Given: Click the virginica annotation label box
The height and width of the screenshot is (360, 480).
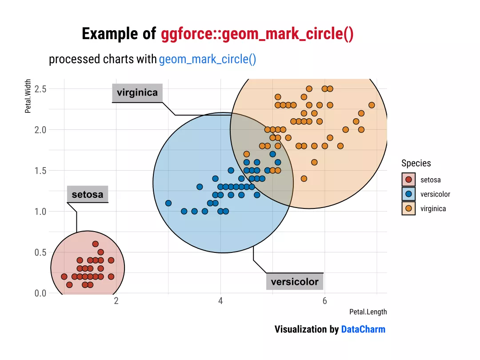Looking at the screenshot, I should point(137,92).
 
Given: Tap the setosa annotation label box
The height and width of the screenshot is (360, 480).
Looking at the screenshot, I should point(88,194).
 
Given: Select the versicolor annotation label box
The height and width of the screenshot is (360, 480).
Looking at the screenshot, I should point(295,282).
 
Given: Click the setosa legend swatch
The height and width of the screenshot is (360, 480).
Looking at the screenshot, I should point(408,180).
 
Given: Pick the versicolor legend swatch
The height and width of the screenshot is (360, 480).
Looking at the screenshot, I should point(408,194).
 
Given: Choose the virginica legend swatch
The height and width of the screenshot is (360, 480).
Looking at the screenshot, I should point(408,208).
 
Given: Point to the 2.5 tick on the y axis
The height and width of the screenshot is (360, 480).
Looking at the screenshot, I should point(40,89).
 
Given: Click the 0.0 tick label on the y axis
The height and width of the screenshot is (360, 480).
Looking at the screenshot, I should point(40,293).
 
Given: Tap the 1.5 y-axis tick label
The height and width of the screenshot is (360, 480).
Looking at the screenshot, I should point(40,171).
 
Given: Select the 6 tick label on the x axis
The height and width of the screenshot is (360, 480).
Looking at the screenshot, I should point(324,301).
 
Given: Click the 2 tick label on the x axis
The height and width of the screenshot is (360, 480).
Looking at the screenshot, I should point(116,301).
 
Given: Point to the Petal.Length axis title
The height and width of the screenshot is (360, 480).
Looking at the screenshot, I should point(368,312).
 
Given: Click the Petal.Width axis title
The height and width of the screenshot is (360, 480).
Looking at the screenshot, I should point(28,96).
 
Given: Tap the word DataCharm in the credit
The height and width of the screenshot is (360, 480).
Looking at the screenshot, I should point(363,329).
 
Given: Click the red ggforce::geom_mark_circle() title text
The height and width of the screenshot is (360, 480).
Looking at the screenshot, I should point(257,34).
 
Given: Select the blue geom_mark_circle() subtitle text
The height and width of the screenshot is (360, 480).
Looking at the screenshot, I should point(208,60).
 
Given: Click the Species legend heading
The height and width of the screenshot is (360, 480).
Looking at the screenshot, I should point(416,163).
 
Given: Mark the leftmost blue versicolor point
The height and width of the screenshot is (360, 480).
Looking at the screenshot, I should point(168,203).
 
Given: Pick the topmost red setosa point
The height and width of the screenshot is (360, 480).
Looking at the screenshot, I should point(96,244).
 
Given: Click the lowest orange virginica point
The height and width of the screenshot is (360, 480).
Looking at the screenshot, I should point(304,179).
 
